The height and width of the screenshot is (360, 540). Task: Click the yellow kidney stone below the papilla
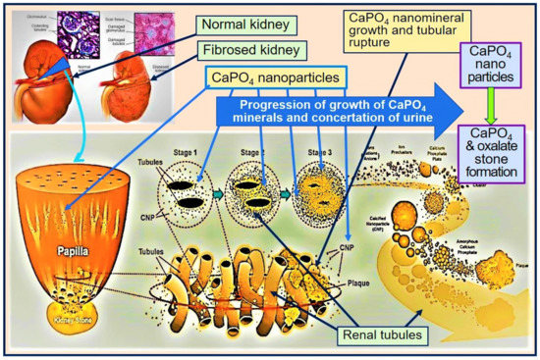72,316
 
